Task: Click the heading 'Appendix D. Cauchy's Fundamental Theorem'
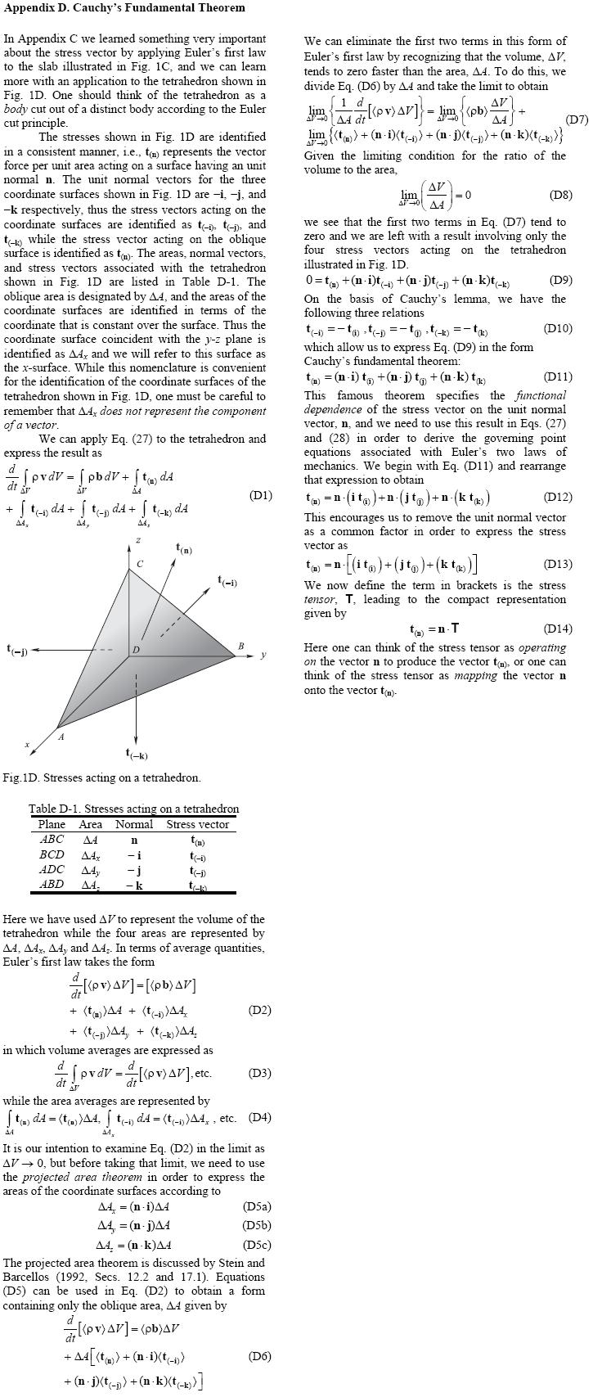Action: tap(124, 8)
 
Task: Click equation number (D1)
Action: tap(260, 495)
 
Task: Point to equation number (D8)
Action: tap(560, 196)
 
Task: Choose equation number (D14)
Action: tap(558, 629)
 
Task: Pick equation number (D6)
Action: tap(259, 1356)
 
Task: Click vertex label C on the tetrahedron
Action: tap(140, 564)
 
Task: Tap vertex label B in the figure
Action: tap(240, 647)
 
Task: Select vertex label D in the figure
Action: tap(136, 650)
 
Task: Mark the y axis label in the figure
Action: tap(263, 655)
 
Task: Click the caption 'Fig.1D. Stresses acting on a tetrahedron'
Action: tap(101, 777)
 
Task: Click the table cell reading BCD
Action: tap(52, 854)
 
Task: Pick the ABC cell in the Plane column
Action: tap(52, 839)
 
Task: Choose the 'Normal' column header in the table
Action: tap(134, 824)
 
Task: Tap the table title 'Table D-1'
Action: tap(133, 809)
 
